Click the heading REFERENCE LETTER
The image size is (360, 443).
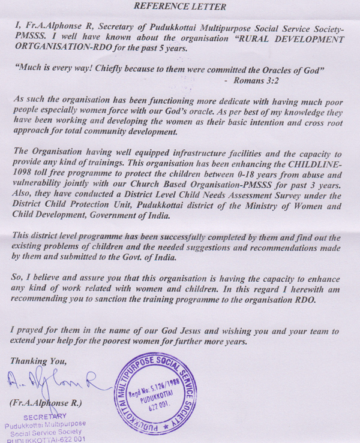(x=179, y=8)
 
